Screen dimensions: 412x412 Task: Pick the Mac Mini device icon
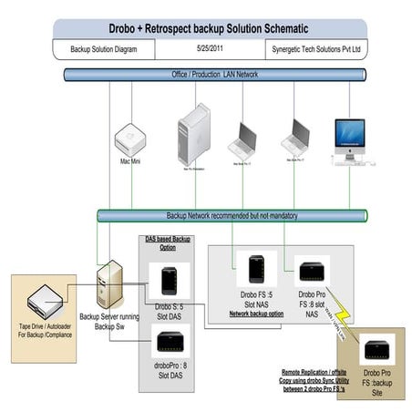tap(129, 142)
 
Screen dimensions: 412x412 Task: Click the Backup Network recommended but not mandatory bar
tap(232, 215)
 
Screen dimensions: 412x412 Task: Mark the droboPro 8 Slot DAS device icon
tap(170, 342)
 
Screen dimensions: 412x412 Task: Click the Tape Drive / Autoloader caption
tap(42, 338)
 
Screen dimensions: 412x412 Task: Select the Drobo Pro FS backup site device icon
tap(377, 348)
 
